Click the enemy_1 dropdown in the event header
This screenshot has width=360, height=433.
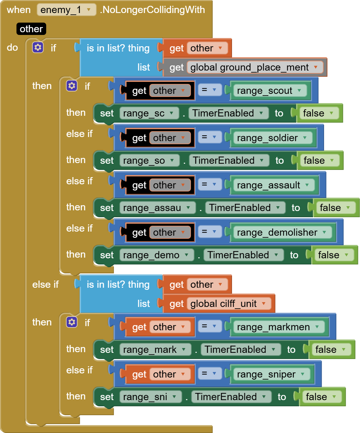coord(66,10)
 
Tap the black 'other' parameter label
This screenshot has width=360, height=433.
coord(31,29)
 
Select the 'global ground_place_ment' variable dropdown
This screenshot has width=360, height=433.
coord(255,67)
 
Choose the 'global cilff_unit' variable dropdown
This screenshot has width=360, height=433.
coord(229,304)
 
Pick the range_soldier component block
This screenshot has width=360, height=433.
coord(273,138)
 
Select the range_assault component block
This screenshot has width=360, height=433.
coord(274,185)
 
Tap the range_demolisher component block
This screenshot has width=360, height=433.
coord(283,232)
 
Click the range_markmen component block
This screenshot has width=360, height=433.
coord(279,327)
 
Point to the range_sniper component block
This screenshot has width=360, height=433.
coord(272,374)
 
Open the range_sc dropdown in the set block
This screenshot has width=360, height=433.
coord(149,113)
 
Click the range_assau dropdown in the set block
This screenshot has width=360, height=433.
coord(157,208)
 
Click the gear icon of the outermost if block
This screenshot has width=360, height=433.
coord(38,48)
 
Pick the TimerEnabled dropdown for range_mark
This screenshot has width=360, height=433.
coord(241,350)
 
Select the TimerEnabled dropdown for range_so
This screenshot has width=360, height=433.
coord(229,161)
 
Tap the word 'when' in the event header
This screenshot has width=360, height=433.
coord(18,10)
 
